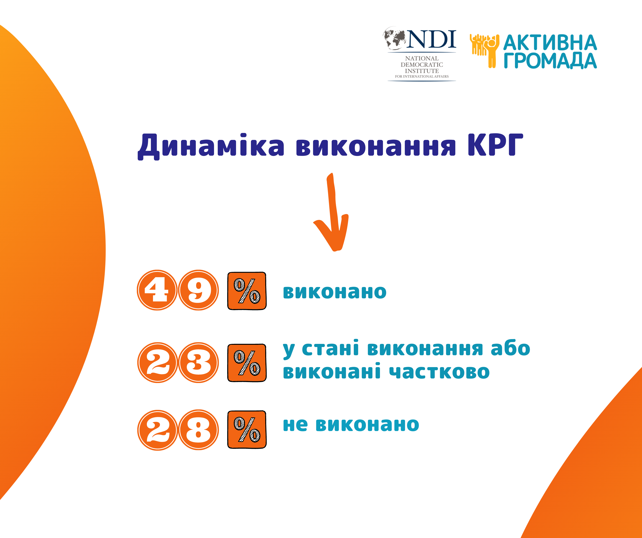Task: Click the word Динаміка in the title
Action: pos(211,146)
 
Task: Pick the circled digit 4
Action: pos(157,290)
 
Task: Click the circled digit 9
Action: pos(199,290)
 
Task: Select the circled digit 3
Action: pos(199,363)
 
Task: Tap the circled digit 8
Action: pos(199,430)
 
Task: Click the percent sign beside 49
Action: pos(247,291)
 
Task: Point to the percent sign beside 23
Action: pos(247,363)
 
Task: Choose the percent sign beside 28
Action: pos(247,429)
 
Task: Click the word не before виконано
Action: pos(295,425)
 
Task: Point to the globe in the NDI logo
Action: pos(395,38)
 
